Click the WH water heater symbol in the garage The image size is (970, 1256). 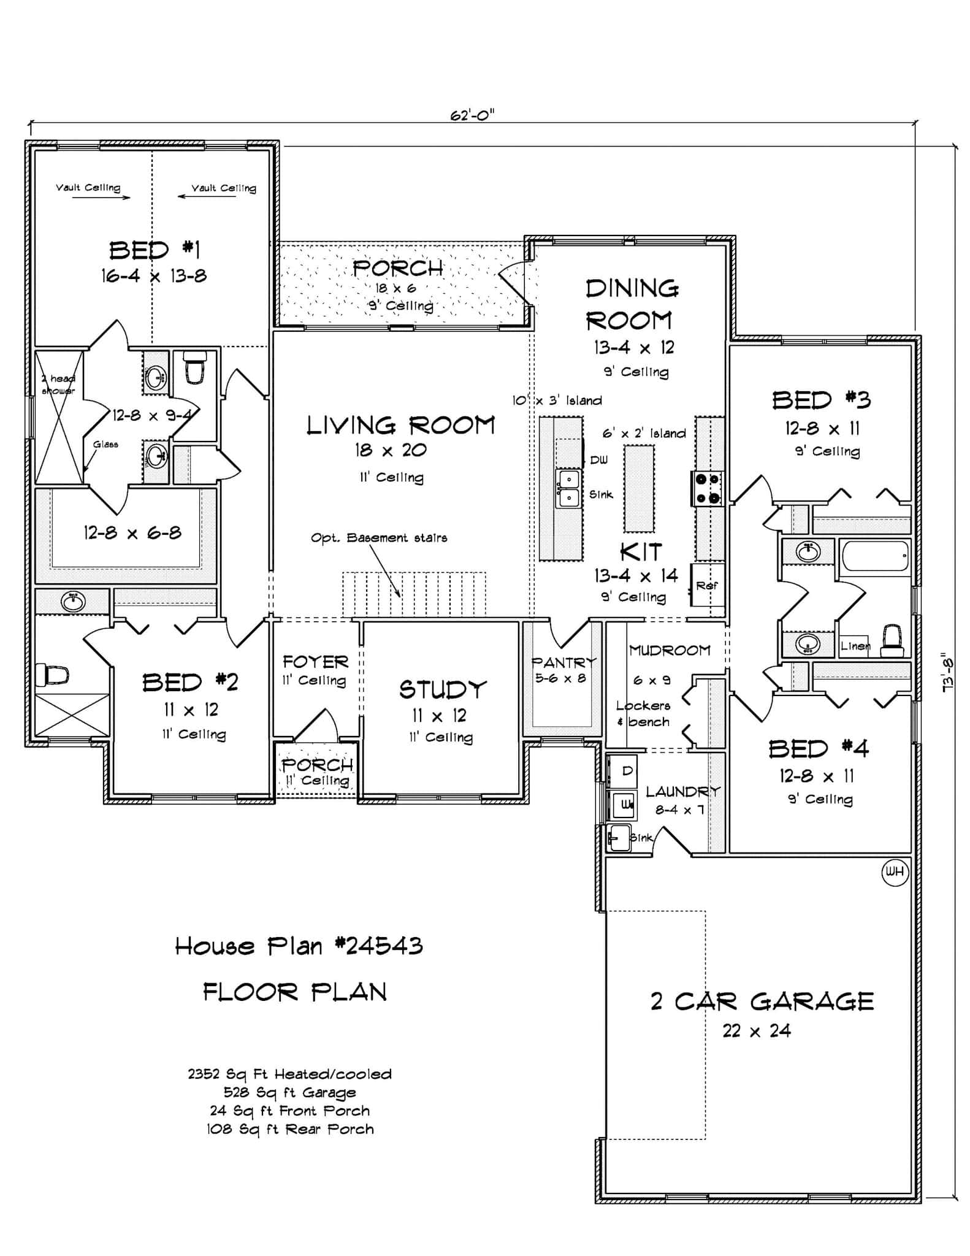tap(895, 872)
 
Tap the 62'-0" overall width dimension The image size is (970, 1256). tap(472, 115)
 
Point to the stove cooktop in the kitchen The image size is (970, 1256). tap(708, 489)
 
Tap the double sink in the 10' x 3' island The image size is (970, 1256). tap(568, 488)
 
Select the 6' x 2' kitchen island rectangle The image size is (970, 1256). tap(638, 489)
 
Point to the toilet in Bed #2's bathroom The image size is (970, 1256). tap(52, 675)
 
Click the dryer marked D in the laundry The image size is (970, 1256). tap(623, 772)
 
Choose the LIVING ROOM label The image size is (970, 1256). tap(400, 425)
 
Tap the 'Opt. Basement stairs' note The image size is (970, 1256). tap(379, 538)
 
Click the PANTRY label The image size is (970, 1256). tap(563, 662)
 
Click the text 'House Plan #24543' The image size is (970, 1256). tap(299, 946)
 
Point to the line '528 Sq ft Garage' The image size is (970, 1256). tap(289, 1092)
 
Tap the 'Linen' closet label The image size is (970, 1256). tap(854, 646)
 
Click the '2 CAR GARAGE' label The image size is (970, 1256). tap(762, 1001)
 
